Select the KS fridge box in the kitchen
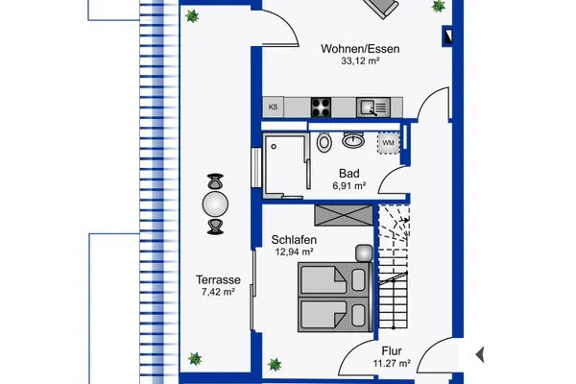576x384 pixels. tap(274, 108)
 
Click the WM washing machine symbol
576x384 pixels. tap(388, 143)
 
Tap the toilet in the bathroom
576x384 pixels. tap(324, 143)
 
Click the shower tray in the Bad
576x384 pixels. tap(285, 165)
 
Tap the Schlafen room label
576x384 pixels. tap(294, 239)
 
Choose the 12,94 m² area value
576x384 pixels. tap(295, 252)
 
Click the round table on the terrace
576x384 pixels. tap(215, 204)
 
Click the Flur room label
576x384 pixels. tap(393, 350)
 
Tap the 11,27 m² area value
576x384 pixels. tap(393, 364)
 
